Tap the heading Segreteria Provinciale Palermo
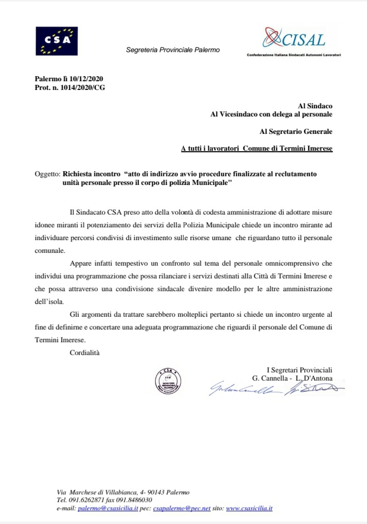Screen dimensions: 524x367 [173, 50]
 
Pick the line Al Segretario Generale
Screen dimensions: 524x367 [296, 131]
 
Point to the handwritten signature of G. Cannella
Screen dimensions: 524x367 [243, 390]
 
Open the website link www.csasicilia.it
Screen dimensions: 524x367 [249, 509]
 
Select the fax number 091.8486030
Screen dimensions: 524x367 [134, 501]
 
